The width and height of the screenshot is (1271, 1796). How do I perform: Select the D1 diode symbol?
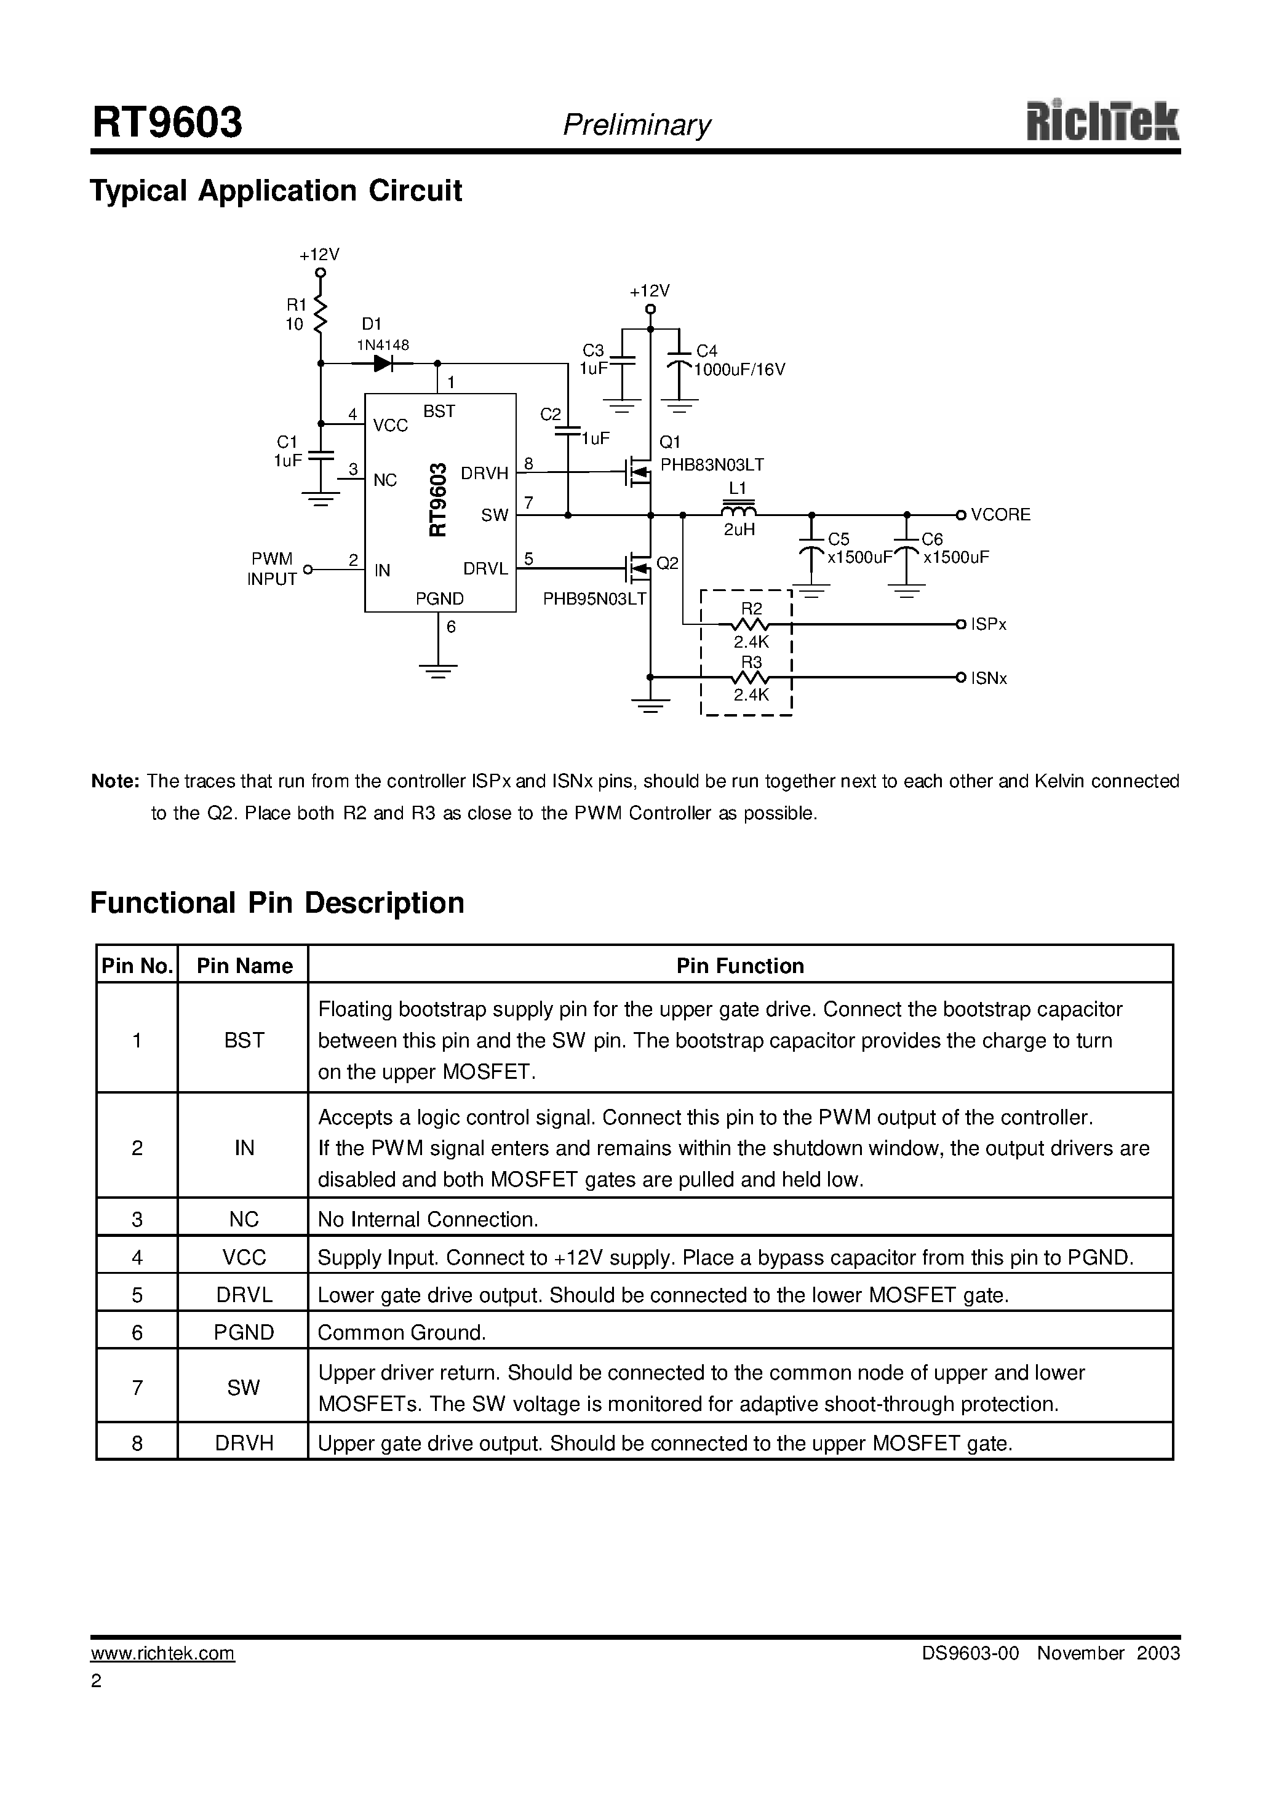(383, 363)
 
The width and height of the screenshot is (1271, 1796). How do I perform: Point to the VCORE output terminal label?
(1000, 515)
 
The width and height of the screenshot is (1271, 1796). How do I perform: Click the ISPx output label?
(989, 625)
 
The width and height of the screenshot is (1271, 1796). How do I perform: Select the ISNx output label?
(989, 678)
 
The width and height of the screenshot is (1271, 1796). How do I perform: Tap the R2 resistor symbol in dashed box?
(751, 624)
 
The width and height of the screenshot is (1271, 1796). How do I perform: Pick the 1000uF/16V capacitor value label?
(739, 370)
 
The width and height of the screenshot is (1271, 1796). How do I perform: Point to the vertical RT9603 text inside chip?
(437, 500)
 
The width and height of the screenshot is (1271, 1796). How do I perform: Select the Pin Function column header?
(739, 966)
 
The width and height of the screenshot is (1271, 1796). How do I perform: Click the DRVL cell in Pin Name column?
(244, 1295)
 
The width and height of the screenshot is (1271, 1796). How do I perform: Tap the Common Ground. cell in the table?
(402, 1333)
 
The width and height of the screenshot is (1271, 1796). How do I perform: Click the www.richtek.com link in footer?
(163, 1653)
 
